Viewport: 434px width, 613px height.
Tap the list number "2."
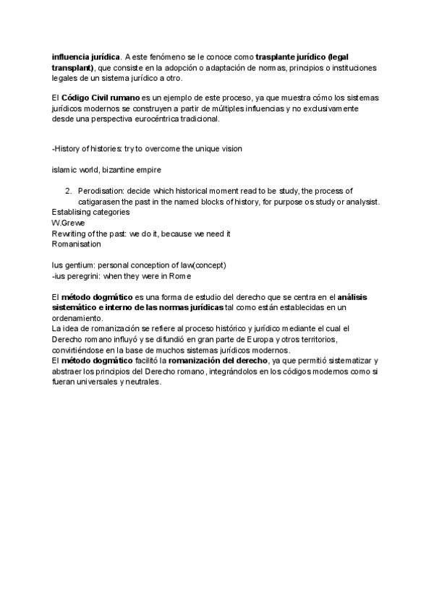tap(69, 191)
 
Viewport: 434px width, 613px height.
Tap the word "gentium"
tap(80, 265)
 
